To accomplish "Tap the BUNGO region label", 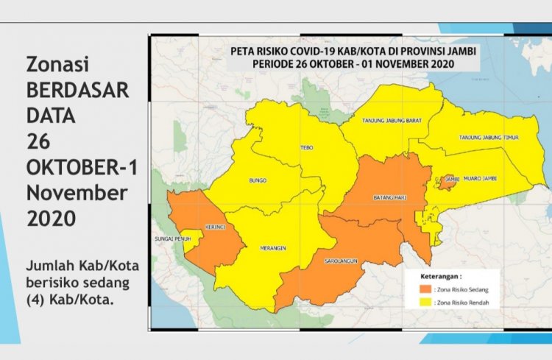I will tap(258, 179).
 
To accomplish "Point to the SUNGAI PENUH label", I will tap(173, 239).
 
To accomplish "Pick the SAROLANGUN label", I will tap(339, 261).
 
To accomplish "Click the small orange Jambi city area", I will tap(445, 181).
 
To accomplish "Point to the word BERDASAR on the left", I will tap(77, 90).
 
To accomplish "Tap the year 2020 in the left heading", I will tap(52, 218).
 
